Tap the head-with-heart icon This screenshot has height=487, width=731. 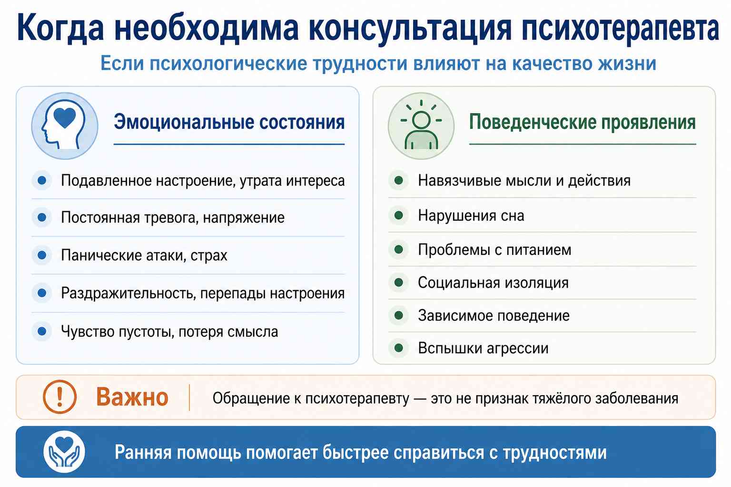pyautogui.click(x=65, y=126)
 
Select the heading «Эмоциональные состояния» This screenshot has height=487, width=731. pyautogui.click(x=229, y=122)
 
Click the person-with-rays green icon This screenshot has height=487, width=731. pyautogui.click(x=421, y=126)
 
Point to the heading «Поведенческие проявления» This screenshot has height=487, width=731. pyautogui.click(x=583, y=122)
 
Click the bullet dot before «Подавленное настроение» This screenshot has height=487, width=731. pyautogui.click(x=42, y=180)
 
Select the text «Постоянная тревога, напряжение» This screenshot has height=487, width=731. pyautogui.click(x=173, y=217)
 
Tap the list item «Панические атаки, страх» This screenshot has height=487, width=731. pyautogui.click(x=144, y=255)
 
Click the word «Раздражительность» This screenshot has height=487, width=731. pyautogui.click(x=128, y=293)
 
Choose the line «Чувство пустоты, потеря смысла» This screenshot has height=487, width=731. pyautogui.click(x=169, y=332)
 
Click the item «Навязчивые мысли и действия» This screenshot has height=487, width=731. pyautogui.click(x=524, y=180)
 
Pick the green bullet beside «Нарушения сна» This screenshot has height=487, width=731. pyautogui.click(x=398, y=215)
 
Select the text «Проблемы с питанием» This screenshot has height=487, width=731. pyautogui.click(x=494, y=250)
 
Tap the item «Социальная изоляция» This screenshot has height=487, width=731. pyautogui.click(x=493, y=283)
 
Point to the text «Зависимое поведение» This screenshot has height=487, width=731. pyautogui.click(x=494, y=316)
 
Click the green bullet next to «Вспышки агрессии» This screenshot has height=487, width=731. pyautogui.click(x=398, y=348)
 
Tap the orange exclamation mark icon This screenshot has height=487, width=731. pyautogui.click(x=59, y=397)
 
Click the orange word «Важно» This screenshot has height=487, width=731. pyautogui.click(x=132, y=397)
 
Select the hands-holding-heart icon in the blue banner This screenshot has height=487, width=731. pyautogui.click(x=64, y=452)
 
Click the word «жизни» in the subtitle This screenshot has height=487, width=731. pyautogui.click(x=627, y=63)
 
